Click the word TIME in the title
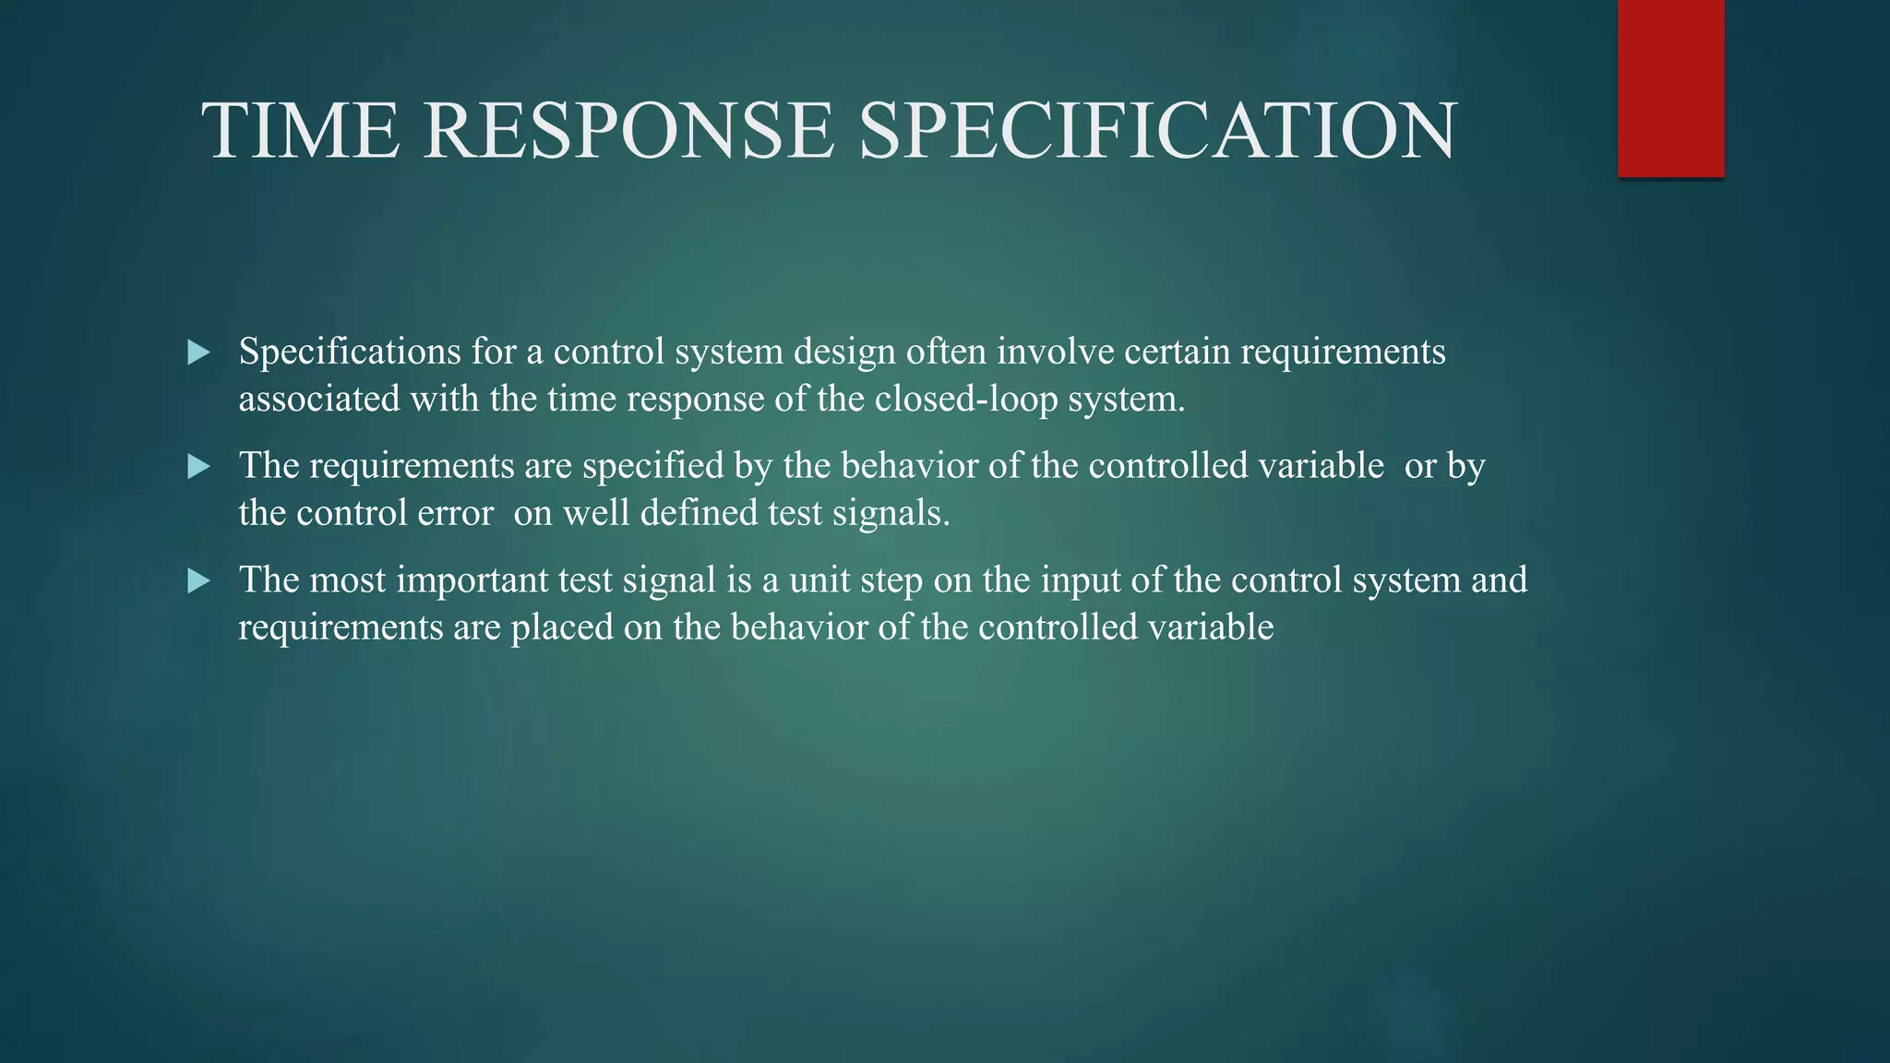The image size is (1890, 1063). click(301, 131)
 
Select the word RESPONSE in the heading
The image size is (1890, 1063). click(629, 131)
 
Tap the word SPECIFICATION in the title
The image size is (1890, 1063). click(1157, 131)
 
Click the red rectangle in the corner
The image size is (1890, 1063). click(1670, 88)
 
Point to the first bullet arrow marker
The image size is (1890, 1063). click(198, 352)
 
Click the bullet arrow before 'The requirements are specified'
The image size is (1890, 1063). click(198, 467)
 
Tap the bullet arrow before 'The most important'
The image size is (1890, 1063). click(198, 581)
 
